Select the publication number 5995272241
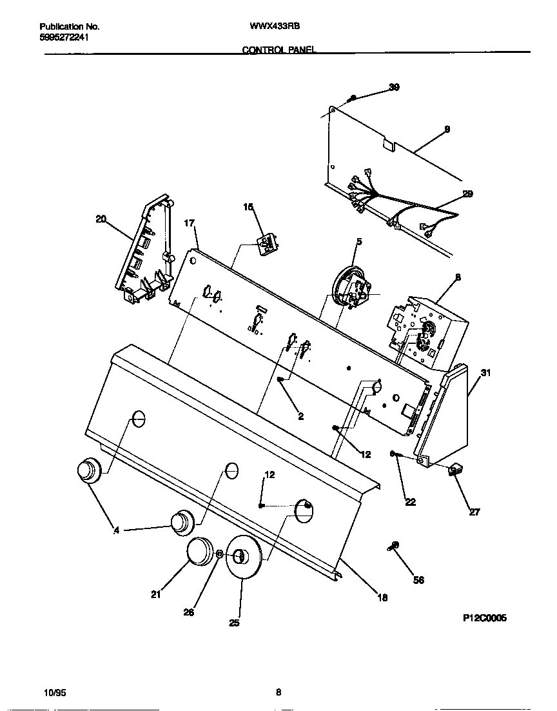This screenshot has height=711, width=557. click(x=64, y=37)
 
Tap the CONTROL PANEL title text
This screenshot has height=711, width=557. click(x=278, y=49)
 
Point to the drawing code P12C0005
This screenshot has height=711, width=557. click(x=485, y=617)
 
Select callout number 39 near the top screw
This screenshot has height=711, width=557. click(x=394, y=87)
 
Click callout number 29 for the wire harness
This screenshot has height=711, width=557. click(x=467, y=194)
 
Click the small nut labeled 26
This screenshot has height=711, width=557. click(x=219, y=554)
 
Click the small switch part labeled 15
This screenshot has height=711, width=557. click(x=266, y=245)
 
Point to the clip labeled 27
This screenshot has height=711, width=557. click(x=455, y=472)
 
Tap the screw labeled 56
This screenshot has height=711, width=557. click(x=394, y=546)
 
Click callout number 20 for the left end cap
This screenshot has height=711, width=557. click(x=101, y=219)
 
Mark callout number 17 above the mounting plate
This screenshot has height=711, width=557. click(x=189, y=223)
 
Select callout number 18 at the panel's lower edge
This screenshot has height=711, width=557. click(x=382, y=597)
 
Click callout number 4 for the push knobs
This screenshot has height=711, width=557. click(x=117, y=530)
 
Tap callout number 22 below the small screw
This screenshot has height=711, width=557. click(x=411, y=502)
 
